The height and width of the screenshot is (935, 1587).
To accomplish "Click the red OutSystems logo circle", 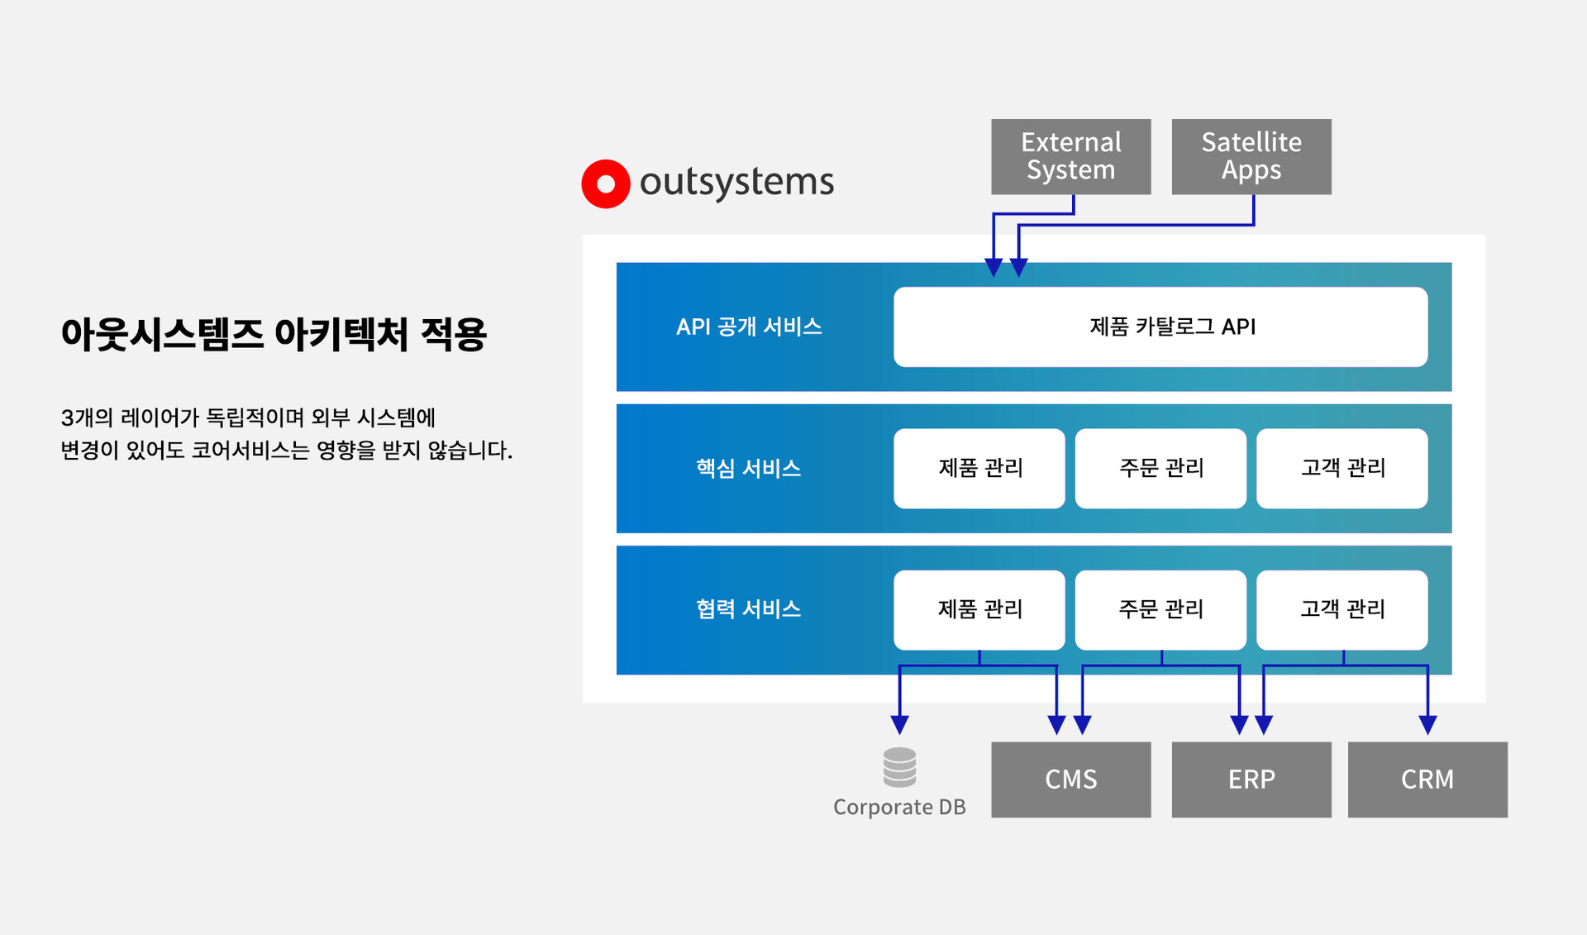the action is (606, 184).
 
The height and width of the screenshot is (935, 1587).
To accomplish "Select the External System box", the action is (1070, 156).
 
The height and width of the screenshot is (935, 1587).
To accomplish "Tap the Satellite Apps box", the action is (1251, 156).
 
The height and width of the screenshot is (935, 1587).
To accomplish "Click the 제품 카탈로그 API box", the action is (1160, 327).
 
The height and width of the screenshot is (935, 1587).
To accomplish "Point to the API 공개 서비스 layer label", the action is (749, 327).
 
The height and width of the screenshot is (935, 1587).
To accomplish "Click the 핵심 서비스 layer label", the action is (749, 468).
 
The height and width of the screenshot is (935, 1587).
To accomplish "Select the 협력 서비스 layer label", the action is (749, 609).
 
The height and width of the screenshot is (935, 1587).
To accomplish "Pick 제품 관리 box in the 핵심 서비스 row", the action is (979, 468).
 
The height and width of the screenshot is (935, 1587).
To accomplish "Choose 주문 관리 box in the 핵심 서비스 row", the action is (1160, 468).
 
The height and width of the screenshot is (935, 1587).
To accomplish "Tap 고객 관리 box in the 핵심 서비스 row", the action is (1342, 468).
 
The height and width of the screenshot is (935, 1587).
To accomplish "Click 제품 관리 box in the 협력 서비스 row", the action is (979, 609).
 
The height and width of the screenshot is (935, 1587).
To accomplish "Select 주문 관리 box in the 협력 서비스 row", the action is (1160, 609).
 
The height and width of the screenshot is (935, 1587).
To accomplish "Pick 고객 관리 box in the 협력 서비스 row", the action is (1342, 609).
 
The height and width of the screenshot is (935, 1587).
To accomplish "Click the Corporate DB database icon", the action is (899, 767).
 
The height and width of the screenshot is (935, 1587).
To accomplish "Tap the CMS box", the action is (1070, 780).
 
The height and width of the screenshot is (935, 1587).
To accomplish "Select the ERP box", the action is (1251, 780).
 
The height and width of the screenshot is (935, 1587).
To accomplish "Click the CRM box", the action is (1427, 780).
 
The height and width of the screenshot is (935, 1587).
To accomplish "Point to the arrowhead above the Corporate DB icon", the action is (899, 725).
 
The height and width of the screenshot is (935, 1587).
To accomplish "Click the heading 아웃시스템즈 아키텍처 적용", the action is (274, 334).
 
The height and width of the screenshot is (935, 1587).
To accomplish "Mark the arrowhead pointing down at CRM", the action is (1427, 725).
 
